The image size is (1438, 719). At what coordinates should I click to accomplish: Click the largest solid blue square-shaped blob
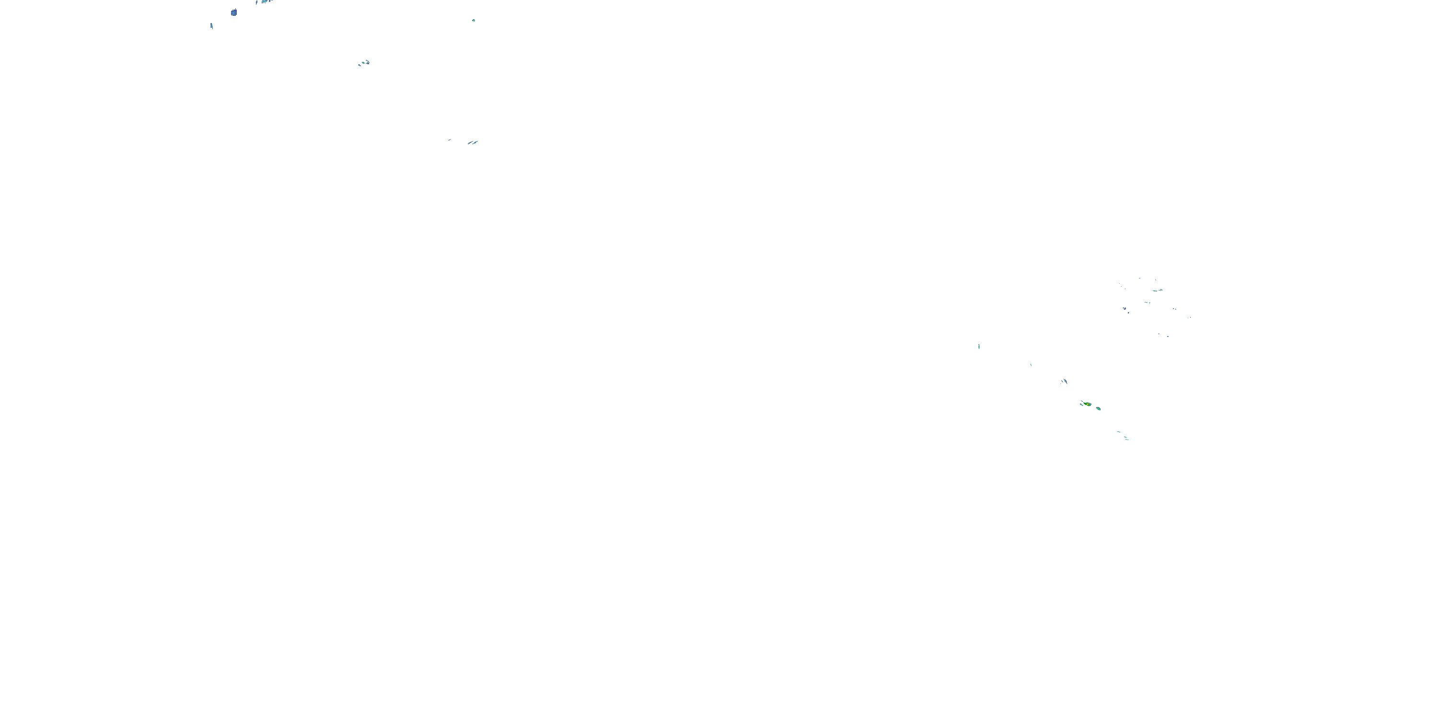(234, 12)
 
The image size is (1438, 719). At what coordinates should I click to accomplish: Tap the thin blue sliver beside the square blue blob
(211, 26)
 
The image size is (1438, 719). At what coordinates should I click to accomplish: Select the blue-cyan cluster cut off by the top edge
(265, 1)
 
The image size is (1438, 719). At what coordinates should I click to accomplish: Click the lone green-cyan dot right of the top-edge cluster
(474, 20)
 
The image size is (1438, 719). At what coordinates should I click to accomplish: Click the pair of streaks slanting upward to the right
(473, 142)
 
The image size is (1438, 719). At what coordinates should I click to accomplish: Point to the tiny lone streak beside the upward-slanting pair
(450, 139)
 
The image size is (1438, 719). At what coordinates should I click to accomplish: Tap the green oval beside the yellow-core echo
(1099, 408)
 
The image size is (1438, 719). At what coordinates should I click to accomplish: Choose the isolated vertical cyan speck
(979, 347)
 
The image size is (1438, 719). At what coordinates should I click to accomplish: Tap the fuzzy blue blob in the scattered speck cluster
(1124, 308)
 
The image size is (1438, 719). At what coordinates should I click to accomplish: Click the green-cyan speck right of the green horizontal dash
(1161, 290)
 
